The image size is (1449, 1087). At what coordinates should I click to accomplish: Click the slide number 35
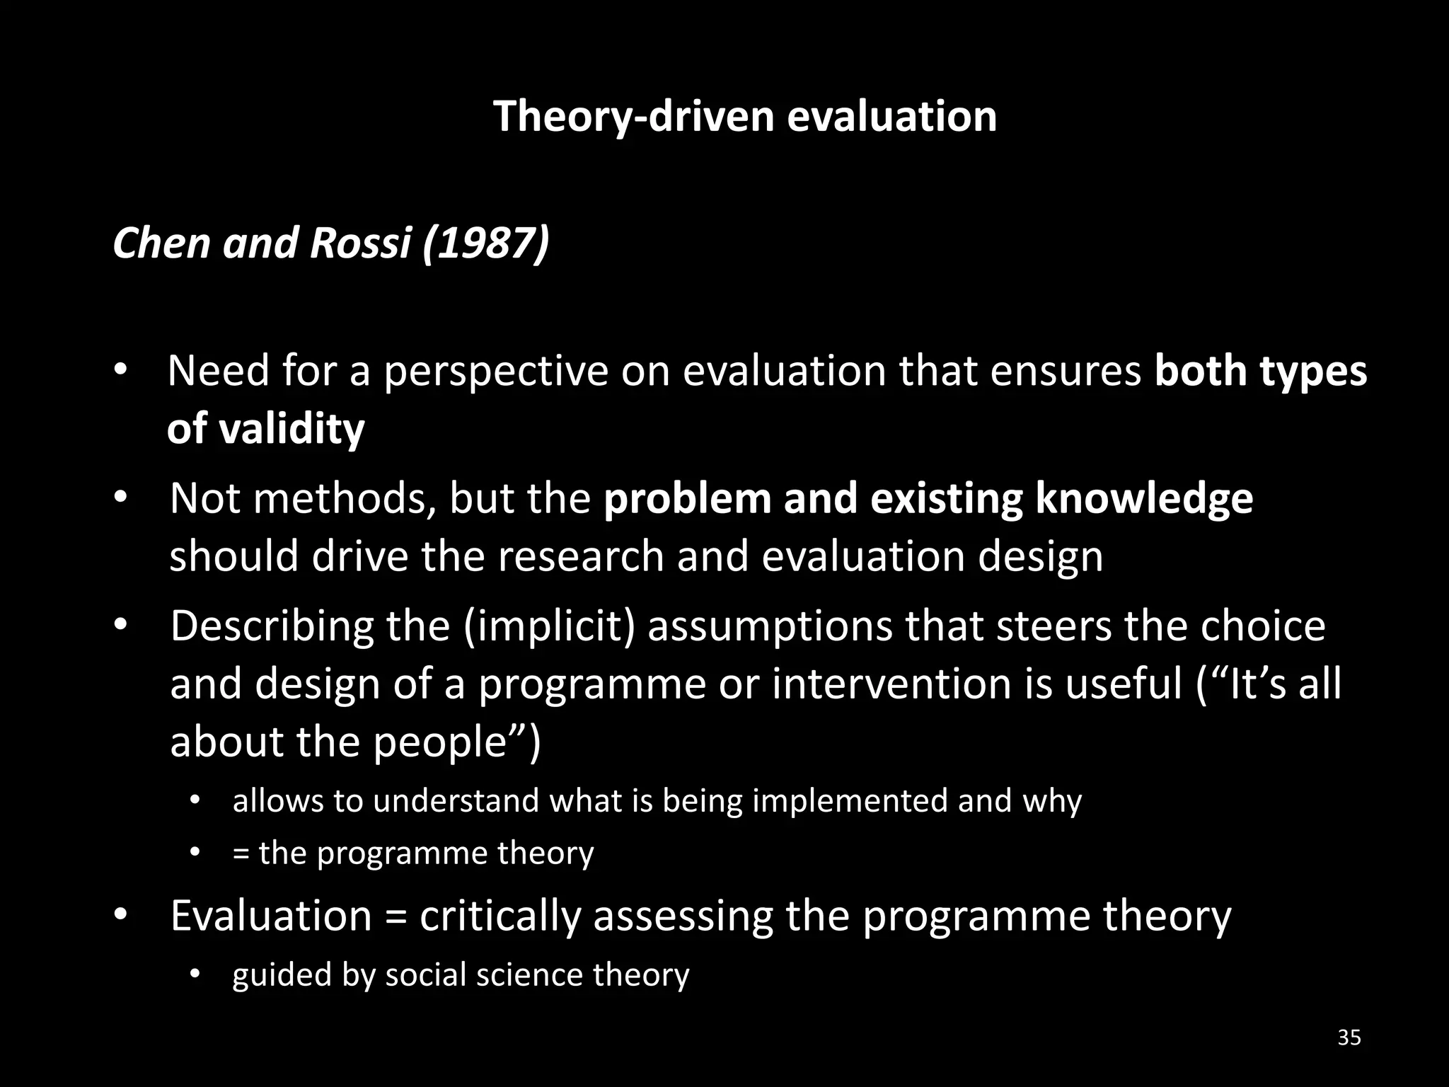1349,1037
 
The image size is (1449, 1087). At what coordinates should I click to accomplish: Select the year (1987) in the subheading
485,243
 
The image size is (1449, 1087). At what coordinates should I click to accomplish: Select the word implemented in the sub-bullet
850,801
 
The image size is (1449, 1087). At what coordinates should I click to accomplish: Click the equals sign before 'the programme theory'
241,853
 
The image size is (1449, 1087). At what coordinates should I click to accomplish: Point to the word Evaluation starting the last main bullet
271,916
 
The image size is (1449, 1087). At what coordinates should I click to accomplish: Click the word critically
500,916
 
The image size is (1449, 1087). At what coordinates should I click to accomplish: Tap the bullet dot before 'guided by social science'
195,975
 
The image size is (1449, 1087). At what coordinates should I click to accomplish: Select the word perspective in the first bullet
495,372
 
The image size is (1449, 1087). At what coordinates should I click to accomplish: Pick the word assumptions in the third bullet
770,626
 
